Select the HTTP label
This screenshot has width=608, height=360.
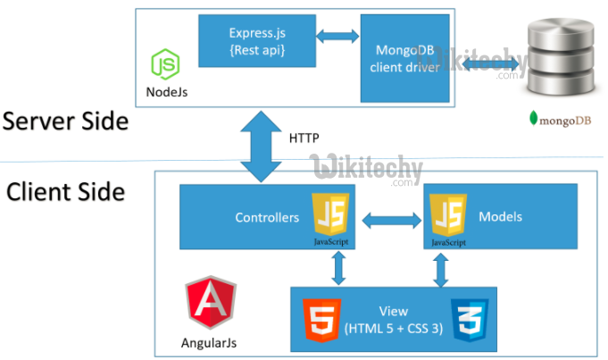point(304,138)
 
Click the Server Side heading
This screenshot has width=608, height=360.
point(64,120)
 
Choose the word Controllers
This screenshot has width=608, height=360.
point(267,217)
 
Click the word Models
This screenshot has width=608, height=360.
point(501,217)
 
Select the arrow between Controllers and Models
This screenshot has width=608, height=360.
point(389,218)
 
